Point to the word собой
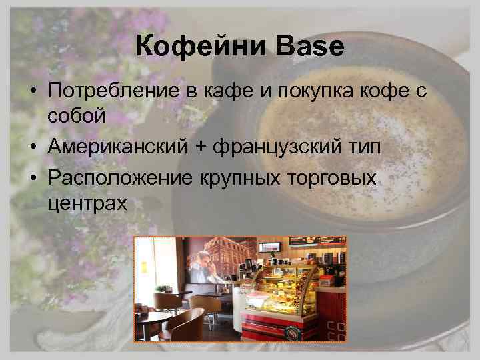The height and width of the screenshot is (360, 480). point(76,116)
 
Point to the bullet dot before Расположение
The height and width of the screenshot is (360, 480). point(33,177)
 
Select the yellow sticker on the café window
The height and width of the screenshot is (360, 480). point(143,267)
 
